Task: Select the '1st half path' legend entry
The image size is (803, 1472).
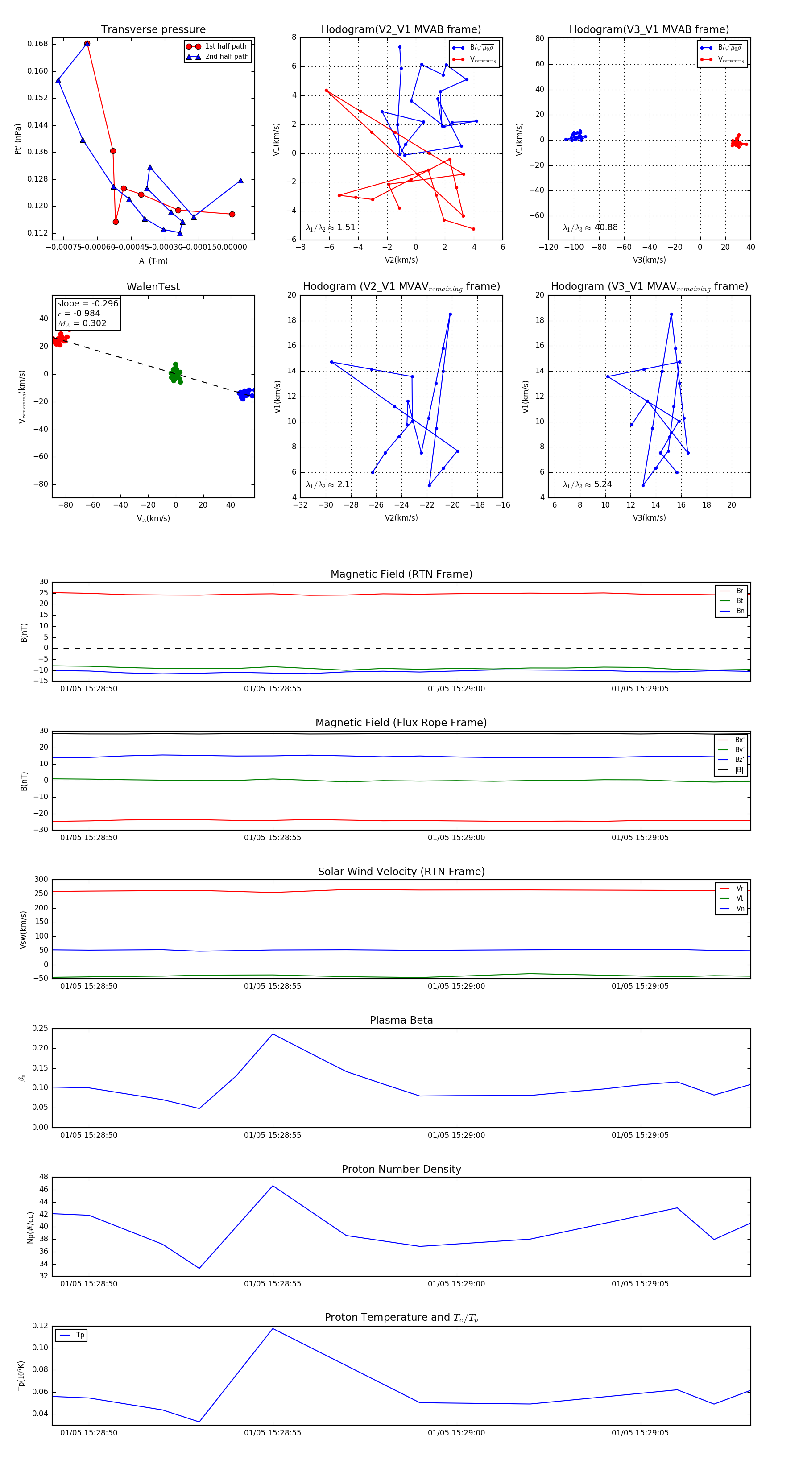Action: [225, 46]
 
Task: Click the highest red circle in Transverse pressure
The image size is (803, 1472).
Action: [87, 43]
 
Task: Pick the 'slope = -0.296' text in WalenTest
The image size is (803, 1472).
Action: [87, 303]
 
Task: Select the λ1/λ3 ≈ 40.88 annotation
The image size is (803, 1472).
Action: [590, 227]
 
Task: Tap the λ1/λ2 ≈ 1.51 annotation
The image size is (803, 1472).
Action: [330, 227]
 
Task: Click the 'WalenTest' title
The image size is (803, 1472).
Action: [153, 287]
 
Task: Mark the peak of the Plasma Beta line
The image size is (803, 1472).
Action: [273, 1034]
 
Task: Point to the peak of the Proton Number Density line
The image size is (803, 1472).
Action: [273, 1186]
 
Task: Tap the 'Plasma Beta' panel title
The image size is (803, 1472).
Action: [401, 1020]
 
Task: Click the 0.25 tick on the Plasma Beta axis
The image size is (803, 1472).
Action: [40, 1028]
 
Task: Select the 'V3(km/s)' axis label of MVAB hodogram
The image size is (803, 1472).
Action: [649, 260]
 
